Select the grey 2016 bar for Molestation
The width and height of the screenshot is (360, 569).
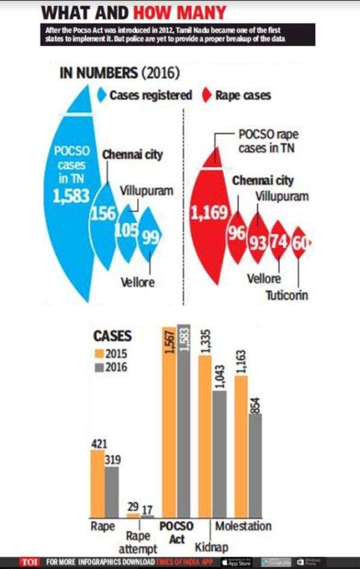point(255,465)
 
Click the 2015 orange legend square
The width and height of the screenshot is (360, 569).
point(99,354)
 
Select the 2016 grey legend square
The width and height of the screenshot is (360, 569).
point(99,367)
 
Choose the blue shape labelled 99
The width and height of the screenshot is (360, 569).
point(149,238)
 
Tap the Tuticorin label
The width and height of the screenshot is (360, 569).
point(287,295)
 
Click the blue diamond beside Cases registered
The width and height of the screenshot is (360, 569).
point(102,95)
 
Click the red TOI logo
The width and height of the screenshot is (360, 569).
point(29,562)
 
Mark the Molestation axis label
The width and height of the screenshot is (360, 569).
point(243,526)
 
